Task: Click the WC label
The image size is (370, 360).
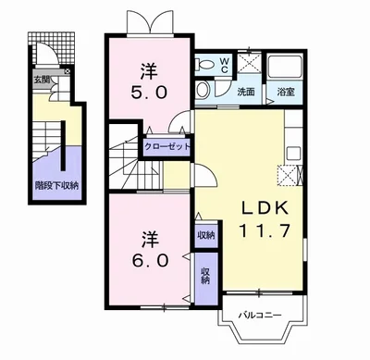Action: click(224, 68)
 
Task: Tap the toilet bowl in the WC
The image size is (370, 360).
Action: click(203, 64)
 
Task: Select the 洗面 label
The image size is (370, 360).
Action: click(245, 92)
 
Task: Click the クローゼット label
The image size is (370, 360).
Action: click(167, 145)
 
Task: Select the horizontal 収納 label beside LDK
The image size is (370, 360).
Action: click(205, 235)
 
